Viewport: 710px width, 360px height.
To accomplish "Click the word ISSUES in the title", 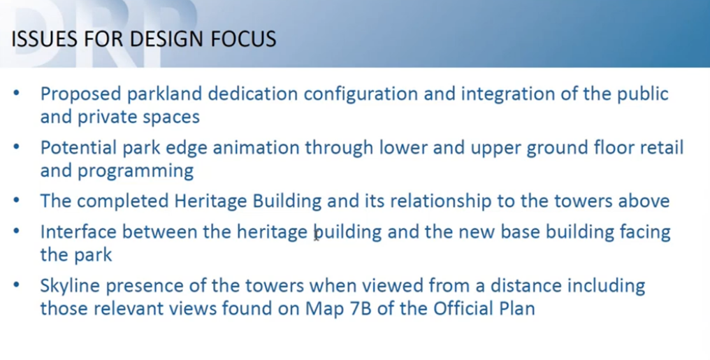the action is [x=45, y=39].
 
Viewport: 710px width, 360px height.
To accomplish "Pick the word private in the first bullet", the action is [x=107, y=117].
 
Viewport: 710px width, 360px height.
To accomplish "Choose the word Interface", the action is [x=78, y=232].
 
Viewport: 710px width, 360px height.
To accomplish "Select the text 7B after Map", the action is [x=358, y=309].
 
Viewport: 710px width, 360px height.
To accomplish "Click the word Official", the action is [x=464, y=309].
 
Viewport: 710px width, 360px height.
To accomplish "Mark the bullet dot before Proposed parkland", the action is [x=16, y=93].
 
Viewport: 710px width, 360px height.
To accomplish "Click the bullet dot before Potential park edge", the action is [x=16, y=147].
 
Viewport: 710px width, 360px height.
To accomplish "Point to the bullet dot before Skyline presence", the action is [x=16, y=285].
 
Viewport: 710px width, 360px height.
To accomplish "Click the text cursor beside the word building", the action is [x=316, y=236].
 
